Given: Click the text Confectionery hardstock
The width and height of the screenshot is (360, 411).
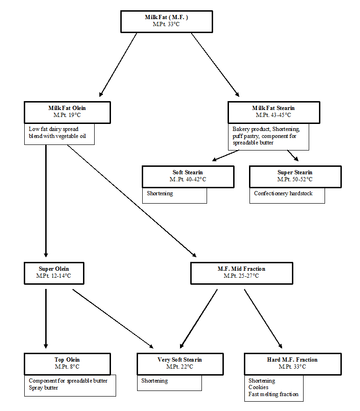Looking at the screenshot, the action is pyautogui.click(x=283, y=193).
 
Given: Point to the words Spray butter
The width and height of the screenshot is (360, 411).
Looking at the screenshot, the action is pyautogui.click(x=43, y=388).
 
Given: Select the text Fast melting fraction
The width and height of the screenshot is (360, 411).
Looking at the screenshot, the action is pyautogui.click(x=273, y=394).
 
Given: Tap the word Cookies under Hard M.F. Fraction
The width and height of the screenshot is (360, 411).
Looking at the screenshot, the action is pyautogui.click(x=258, y=387).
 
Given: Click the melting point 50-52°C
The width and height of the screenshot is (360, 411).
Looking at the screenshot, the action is pyautogui.click(x=302, y=179).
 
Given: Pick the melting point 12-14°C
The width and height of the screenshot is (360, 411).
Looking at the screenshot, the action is pyautogui.click(x=61, y=276).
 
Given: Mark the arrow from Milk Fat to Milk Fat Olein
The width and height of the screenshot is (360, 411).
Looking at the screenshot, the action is pyautogui.click(x=118, y=65).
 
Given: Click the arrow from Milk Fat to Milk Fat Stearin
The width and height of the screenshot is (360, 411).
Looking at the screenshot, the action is pyautogui.click(x=215, y=65).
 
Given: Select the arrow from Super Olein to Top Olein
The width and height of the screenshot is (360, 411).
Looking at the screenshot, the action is pyautogui.click(x=46, y=319).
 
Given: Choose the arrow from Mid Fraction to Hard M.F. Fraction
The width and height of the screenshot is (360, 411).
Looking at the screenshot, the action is pyautogui.click(x=263, y=319).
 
